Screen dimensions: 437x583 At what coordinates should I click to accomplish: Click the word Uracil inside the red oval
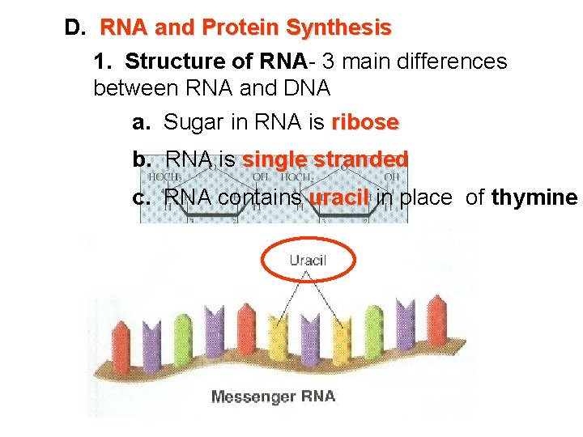coord(308,260)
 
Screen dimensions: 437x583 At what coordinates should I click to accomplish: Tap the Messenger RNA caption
coord(273,397)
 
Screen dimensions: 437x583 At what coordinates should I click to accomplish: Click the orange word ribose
coord(364,122)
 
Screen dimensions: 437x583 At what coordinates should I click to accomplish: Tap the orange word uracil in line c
coord(339,197)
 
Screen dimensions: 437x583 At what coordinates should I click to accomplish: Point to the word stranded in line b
coord(364,159)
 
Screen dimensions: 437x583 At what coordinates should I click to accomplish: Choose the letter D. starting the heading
coord(74,28)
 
